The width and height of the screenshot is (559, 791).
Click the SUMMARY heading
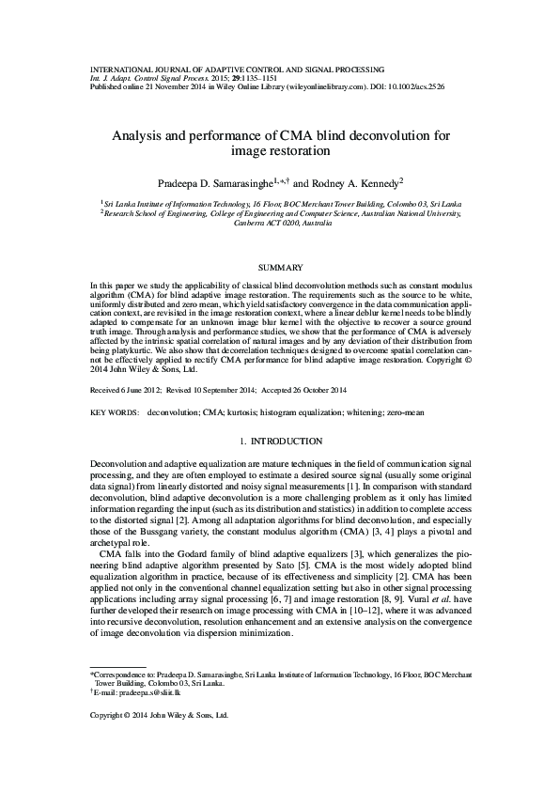point(279,268)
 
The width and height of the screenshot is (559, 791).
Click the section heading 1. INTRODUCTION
point(279,442)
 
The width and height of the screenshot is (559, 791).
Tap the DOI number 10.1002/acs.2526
point(412,85)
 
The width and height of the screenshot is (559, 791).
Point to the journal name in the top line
point(237,69)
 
